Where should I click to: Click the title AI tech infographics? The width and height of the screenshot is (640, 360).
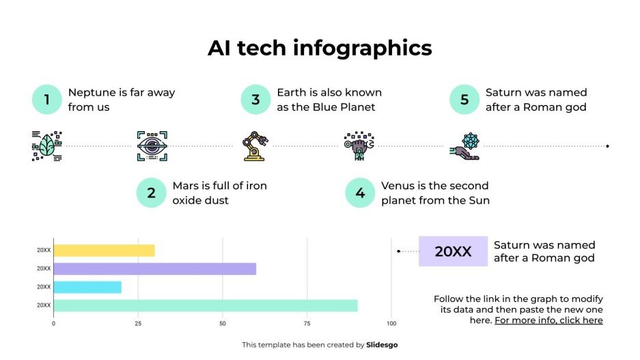[320, 48]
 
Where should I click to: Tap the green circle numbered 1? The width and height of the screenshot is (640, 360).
[47, 100]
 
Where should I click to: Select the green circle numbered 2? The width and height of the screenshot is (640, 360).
[152, 193]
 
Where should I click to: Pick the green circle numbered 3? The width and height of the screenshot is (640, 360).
[255, 100]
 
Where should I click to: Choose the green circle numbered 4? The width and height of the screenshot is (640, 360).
[360, 193]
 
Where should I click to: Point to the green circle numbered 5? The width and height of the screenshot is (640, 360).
[464, 100]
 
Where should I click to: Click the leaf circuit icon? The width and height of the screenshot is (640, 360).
[47, 146]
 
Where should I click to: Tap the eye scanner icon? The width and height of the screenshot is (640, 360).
[152, 146]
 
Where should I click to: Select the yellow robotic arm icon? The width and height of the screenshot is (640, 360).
[255, 146]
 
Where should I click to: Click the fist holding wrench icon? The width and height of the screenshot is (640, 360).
[359, 146]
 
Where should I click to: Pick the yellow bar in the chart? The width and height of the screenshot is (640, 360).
[104, 250]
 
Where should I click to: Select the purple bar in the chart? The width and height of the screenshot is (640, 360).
[154, 268]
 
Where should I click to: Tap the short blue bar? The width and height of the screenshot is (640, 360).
[87, 287]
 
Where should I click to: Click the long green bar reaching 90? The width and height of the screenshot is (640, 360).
[205, 305]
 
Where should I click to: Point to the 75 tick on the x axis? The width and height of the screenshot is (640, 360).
[307, 323]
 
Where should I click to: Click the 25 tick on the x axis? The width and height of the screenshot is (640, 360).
[138, 323]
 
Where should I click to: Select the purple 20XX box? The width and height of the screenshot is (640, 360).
[453, 251]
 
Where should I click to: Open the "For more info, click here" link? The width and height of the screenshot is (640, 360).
[548, 320]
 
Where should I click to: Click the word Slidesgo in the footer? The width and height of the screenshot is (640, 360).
[382, 345]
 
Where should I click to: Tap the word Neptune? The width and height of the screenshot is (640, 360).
[91, 92]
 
